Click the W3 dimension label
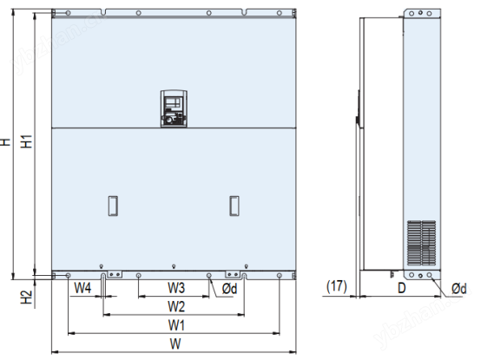[176, 287]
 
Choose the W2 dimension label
[176, 306]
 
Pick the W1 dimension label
[176, 325]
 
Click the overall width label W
[176, 344]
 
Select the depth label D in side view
[402, 286]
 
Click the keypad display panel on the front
[173, 108]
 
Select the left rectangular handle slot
[112, 205]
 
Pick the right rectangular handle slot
[234, 205]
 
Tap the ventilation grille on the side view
[423, 241]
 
